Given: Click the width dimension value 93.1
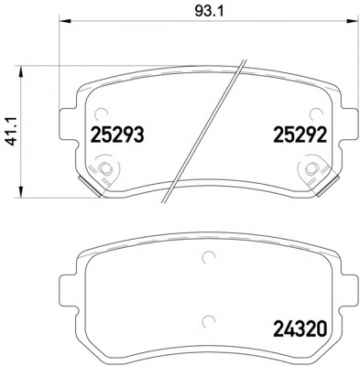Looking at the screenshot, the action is click(x=209, y=12).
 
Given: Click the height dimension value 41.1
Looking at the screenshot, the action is click(x=13, y=132).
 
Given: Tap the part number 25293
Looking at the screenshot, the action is click(x=117, y=135).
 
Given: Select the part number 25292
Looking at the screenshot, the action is click(x=300, y=135).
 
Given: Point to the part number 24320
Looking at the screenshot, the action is click(x=300, y=328).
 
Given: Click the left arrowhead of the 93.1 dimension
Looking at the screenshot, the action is click(x=65, y=21).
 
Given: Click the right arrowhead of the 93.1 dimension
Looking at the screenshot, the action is click(x=351, y=21).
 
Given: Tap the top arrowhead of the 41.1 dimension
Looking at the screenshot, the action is click(x=20, y=72).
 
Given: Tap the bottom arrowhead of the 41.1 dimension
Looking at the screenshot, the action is click(x=20, y=191).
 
